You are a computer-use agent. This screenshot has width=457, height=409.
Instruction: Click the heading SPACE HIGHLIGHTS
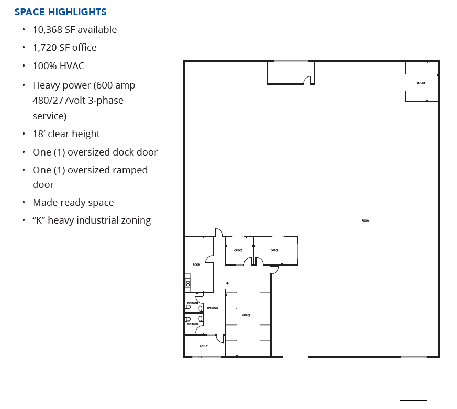[60, 12]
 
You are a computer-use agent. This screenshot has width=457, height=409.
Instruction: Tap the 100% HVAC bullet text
[58, 66]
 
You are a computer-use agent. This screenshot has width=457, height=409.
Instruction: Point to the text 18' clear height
[66, 134]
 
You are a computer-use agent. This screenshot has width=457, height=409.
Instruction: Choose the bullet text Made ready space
[73, 203]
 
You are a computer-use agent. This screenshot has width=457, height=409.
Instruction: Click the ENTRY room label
[204, 346]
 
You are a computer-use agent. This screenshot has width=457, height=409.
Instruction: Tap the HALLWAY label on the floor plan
[213, 308]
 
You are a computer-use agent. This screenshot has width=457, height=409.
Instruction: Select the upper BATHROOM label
[193, 303]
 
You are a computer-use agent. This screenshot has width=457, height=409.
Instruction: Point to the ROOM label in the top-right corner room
[421, 83]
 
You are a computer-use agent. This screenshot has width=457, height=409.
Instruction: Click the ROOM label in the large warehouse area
[365, 220]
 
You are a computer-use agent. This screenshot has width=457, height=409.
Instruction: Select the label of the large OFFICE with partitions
[246, 315]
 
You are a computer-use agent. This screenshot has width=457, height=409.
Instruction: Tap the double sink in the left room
[187, 283]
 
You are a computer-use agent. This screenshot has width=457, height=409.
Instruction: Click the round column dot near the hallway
[227, 283]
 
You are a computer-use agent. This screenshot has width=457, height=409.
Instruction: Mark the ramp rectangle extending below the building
[414, 378]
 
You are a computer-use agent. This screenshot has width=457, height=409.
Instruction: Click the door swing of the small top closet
[308, 80]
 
